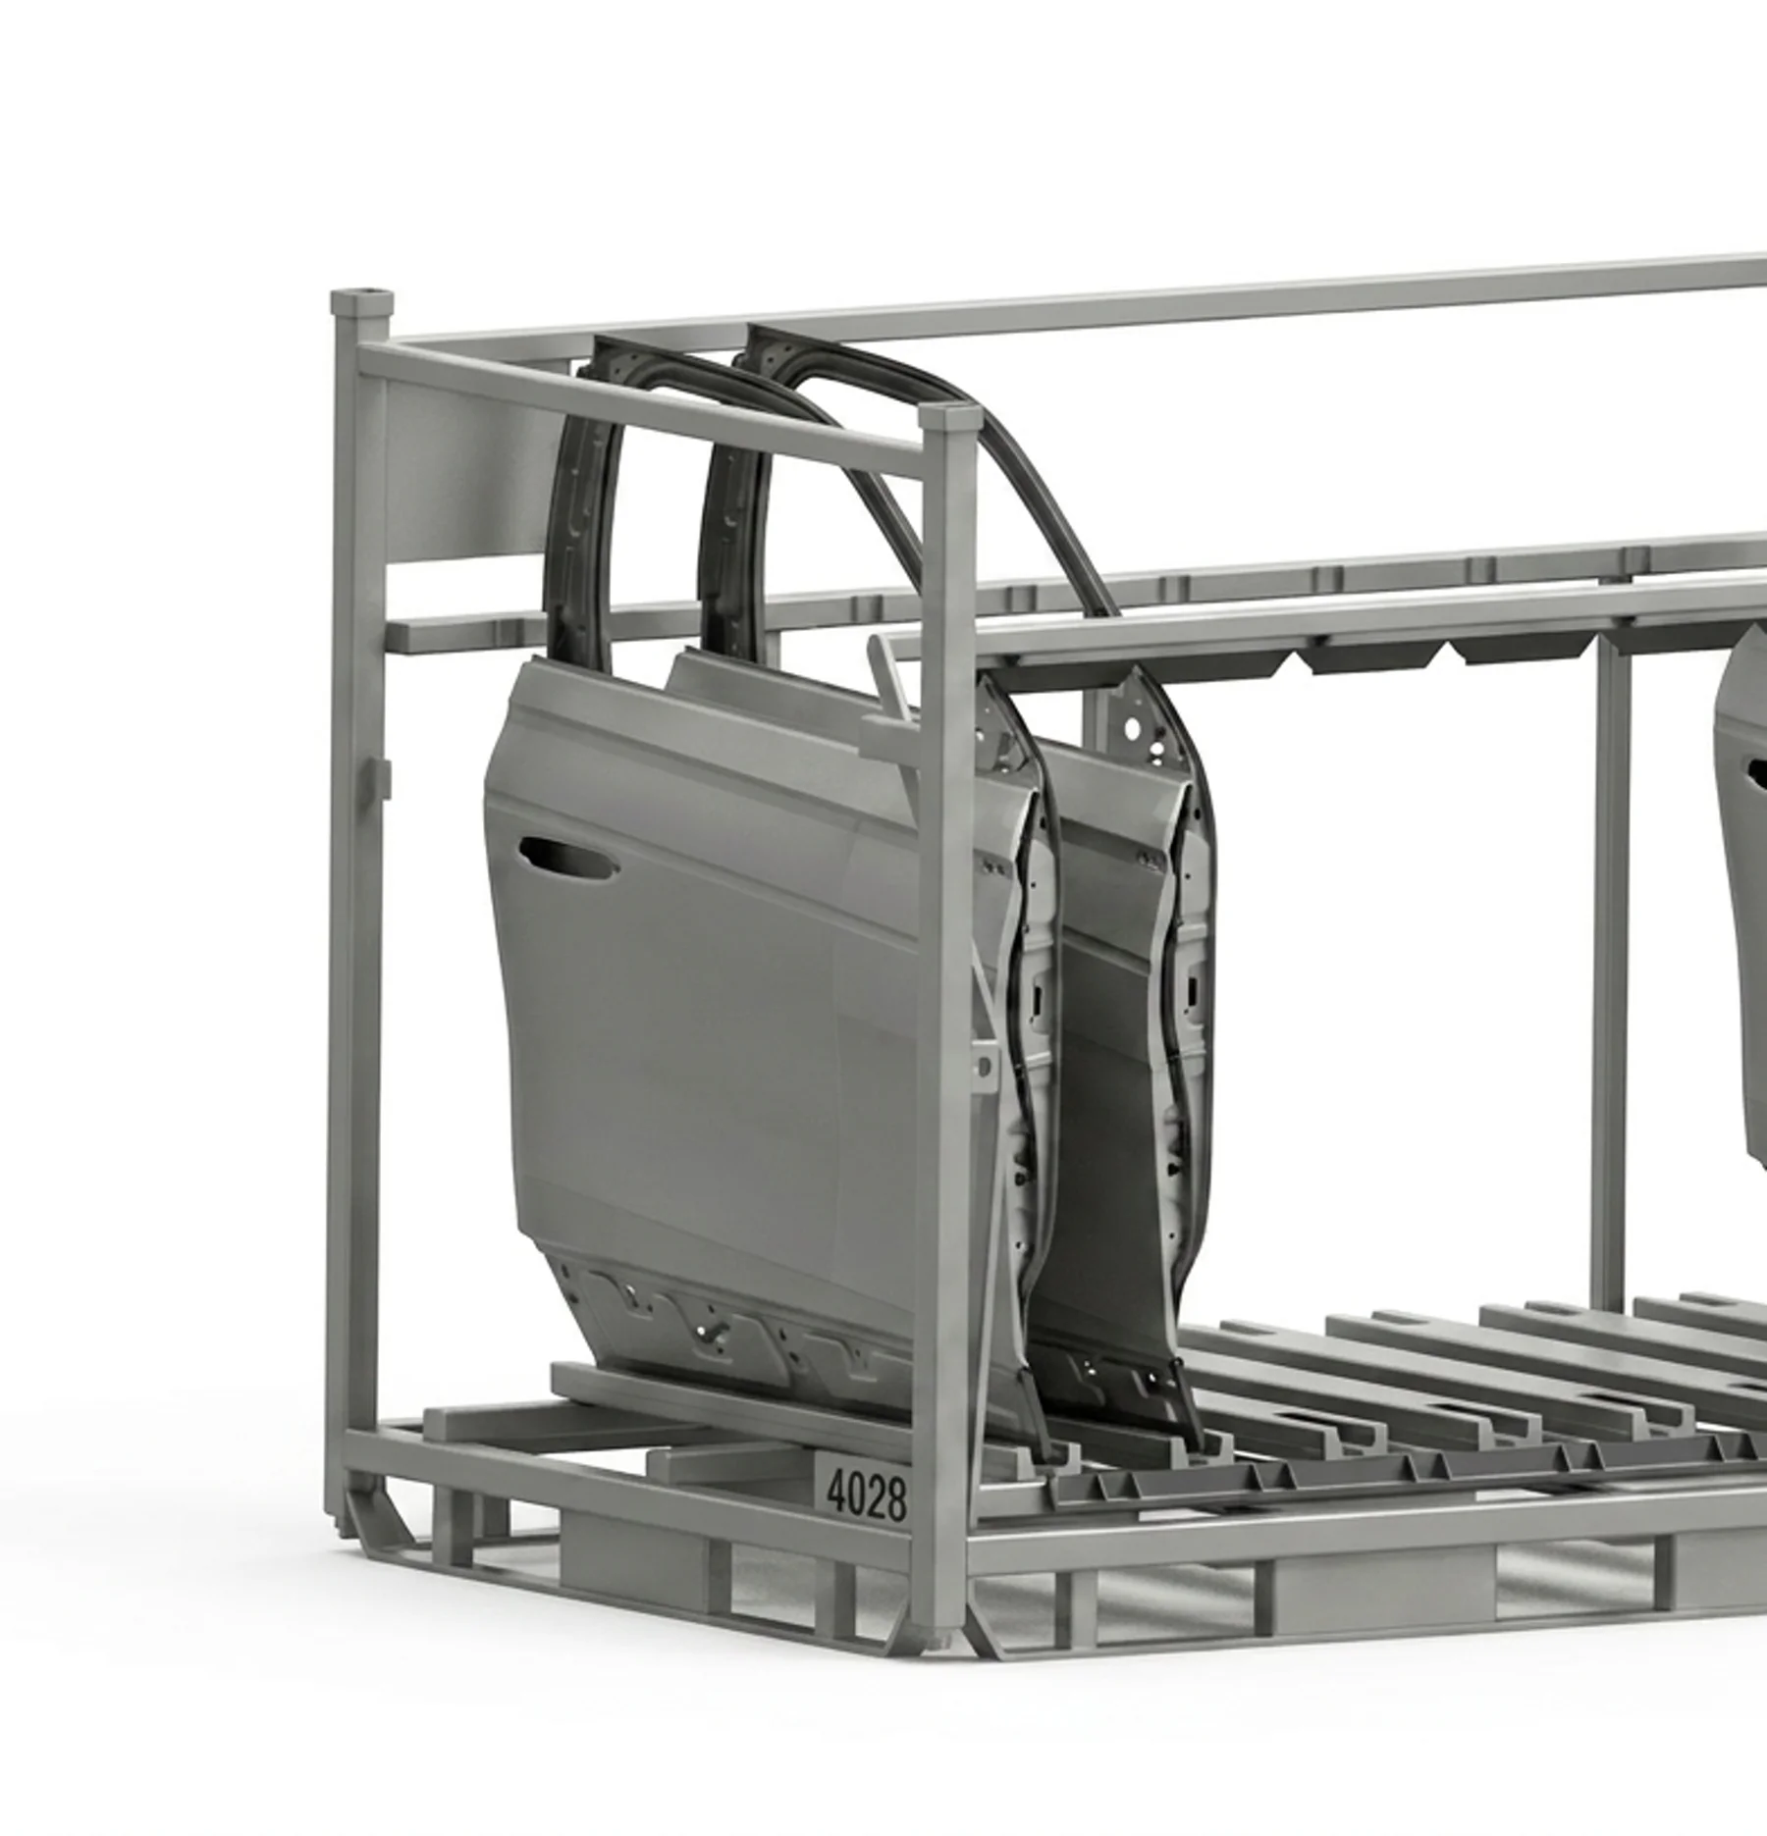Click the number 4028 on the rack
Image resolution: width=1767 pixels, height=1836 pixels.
click(x=866, y=1495)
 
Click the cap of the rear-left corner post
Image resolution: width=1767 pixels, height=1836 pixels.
click(x=362, y=302)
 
